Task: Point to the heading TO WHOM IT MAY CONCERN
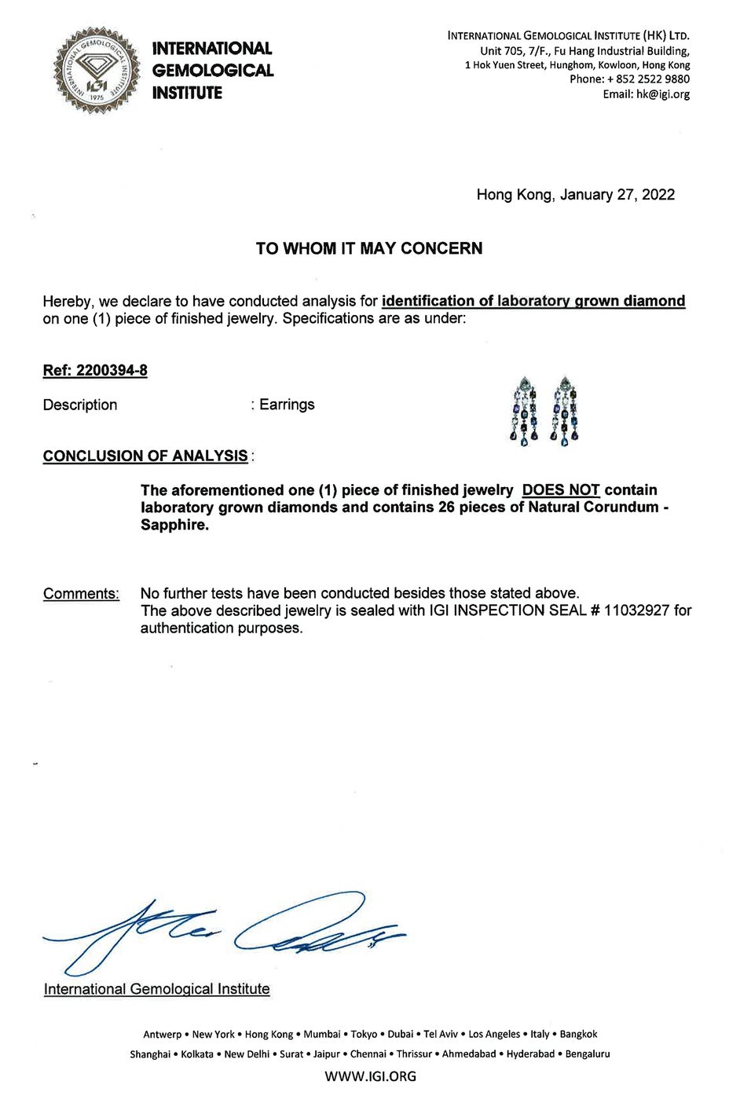(369, 248)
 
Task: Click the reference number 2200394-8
(112, 370)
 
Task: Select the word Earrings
(287, 405)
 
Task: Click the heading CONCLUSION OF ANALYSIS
(145, 456)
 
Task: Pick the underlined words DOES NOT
(561, 490)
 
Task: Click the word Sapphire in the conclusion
(174, 525)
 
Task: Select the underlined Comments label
(81, 593)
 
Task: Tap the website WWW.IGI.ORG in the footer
(370, 1076)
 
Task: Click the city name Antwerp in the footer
(162, 1034)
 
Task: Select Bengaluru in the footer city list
(588, 1054)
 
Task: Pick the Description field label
(80, 405)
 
